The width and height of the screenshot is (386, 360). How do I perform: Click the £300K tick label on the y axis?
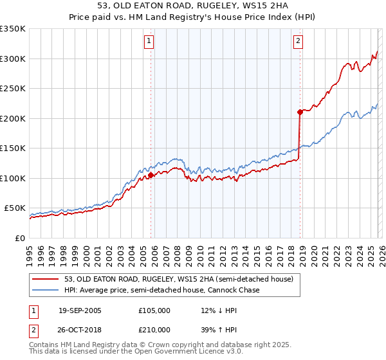coord(12,59)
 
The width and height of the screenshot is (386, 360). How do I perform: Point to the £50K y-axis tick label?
coord(14,208)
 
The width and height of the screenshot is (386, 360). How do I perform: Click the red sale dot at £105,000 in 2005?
coord(151,175)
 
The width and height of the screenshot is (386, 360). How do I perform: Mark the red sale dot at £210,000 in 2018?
coord(300,112)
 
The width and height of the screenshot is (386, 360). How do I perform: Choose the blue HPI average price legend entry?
coord(161,290)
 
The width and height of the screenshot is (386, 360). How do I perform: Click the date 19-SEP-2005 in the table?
coord(80,310)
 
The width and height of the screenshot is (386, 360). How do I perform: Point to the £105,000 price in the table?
coord(154,310)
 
